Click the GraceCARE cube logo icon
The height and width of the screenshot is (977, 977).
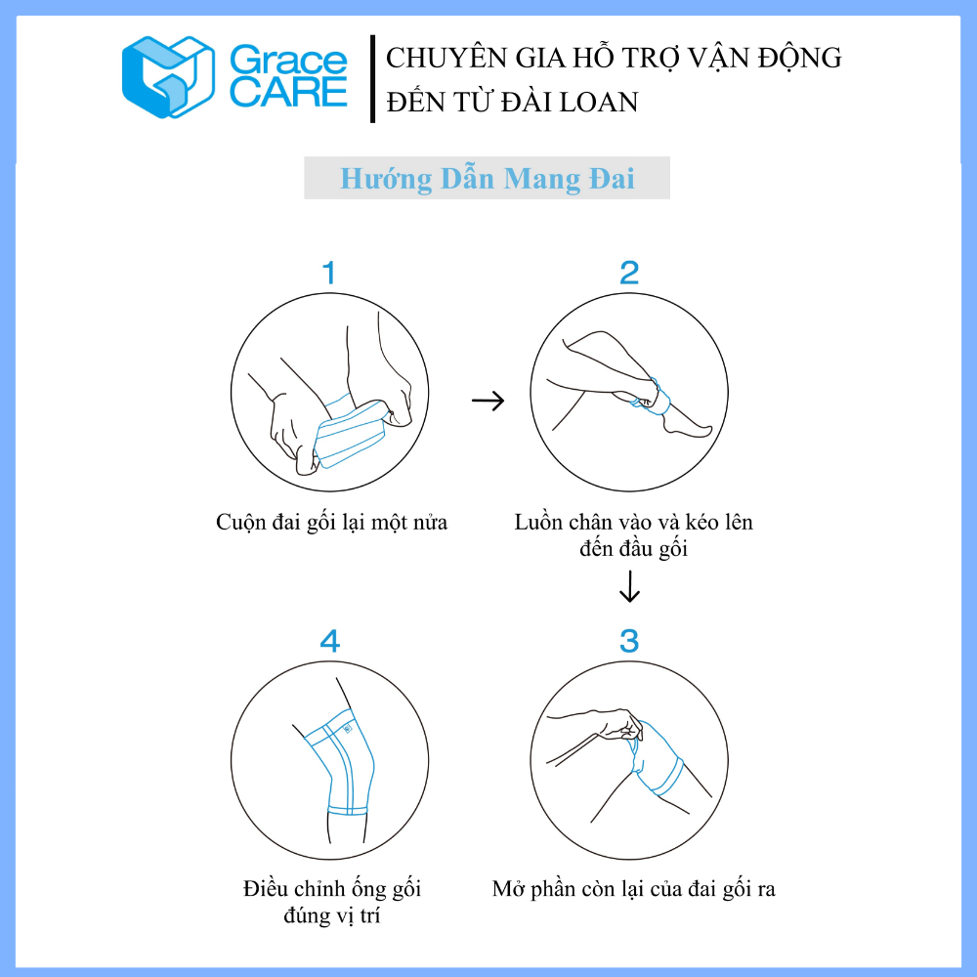(x=168, y=77)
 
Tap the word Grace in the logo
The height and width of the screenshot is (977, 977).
(x=288, y=61)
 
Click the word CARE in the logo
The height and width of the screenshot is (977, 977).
(x=288, y=92)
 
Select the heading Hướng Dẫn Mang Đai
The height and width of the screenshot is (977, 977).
(x=488, y=179)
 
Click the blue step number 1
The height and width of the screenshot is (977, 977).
(x=329, y=273)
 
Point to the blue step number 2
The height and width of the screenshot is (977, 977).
(x=629, y=273)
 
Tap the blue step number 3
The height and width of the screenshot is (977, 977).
(x=629, y=641)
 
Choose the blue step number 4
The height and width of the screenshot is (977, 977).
(x=330, y=641)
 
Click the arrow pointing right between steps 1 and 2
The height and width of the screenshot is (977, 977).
(x=488, y=401)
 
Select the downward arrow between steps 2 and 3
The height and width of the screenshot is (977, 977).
(x=629, y=587)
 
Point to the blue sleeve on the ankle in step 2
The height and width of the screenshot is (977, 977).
(x=652, y=398)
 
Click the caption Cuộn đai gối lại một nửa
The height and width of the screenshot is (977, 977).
(x=331, y=522)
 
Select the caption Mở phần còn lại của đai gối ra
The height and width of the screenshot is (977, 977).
(x=634, y=889)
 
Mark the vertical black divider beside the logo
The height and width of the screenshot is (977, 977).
(x=372, y=78)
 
